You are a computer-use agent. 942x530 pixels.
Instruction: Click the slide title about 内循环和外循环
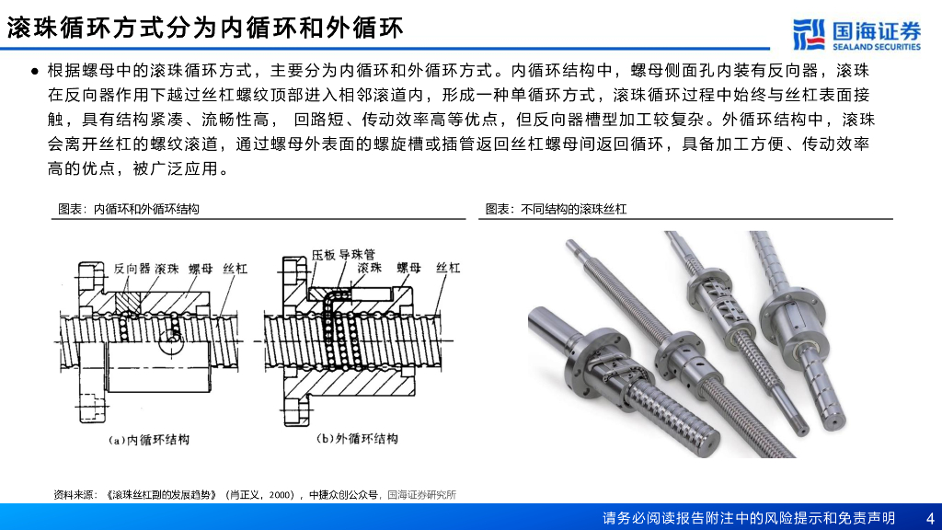tap(205, 28)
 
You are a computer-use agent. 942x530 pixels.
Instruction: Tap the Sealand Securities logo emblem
tap(809, 34)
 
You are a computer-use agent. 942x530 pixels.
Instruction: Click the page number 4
tap(930, 518)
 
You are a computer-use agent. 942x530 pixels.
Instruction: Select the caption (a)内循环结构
tap(149, 440)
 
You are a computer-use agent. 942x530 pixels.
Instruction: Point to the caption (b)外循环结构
tap(357, 439)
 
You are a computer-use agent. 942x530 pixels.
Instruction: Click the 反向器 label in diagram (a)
tap(132, 269)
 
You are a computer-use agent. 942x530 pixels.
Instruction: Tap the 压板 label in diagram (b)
tap(323, 255)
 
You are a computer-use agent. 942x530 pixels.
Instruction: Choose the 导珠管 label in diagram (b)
tap(357, 255)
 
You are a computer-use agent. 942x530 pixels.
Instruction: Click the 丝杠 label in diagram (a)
tap(235, 269)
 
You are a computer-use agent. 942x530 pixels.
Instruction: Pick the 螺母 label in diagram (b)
tap(409, 268)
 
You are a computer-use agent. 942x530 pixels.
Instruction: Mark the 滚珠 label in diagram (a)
tap(167, 269)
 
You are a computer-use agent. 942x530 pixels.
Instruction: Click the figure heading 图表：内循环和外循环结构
tap(128, 209)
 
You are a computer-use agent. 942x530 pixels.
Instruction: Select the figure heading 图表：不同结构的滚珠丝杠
tap(556, 209)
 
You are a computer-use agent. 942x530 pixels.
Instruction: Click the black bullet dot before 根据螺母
tap(35, 72)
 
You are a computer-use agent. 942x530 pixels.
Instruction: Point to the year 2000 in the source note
tap(281, 495)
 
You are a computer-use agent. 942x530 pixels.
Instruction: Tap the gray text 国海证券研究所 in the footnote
tap(421, 495)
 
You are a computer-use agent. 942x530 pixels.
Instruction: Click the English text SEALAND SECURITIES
tap(877, 47)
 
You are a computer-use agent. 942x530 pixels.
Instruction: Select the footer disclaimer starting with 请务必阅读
tap(749, 518)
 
